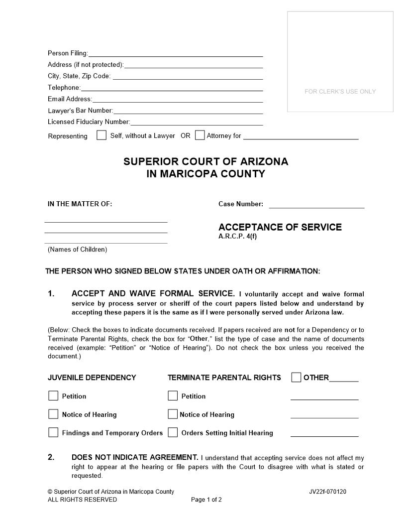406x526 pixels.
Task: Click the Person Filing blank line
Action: point(175,53)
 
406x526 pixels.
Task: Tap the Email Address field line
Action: point(178,99)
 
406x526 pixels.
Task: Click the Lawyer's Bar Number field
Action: point(188,111)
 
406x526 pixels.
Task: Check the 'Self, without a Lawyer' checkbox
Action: point(101,135)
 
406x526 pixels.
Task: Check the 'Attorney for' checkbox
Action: point(200,135)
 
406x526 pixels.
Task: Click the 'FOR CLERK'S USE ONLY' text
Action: point(340,92)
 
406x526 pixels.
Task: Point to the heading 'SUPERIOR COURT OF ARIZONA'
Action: point(205,162)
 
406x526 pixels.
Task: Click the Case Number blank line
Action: point(316,204)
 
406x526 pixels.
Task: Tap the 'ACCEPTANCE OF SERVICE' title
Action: point(280,227)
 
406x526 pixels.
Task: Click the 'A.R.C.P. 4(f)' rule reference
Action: point(237,237)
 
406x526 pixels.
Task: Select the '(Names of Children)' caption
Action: point(77,249)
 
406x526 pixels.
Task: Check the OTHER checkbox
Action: point(296,377)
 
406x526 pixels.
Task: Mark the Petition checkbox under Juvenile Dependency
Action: point(53,396)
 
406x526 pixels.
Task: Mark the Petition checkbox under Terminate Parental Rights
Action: point(173,396)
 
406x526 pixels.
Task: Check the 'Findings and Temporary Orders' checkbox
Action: point(53,432)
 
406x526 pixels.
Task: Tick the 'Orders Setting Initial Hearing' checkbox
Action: point(173,432)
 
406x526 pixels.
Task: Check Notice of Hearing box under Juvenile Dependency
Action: point(53,414)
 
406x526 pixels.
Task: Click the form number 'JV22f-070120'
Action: point(327,492)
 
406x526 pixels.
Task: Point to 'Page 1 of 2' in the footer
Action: point(206,500)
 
